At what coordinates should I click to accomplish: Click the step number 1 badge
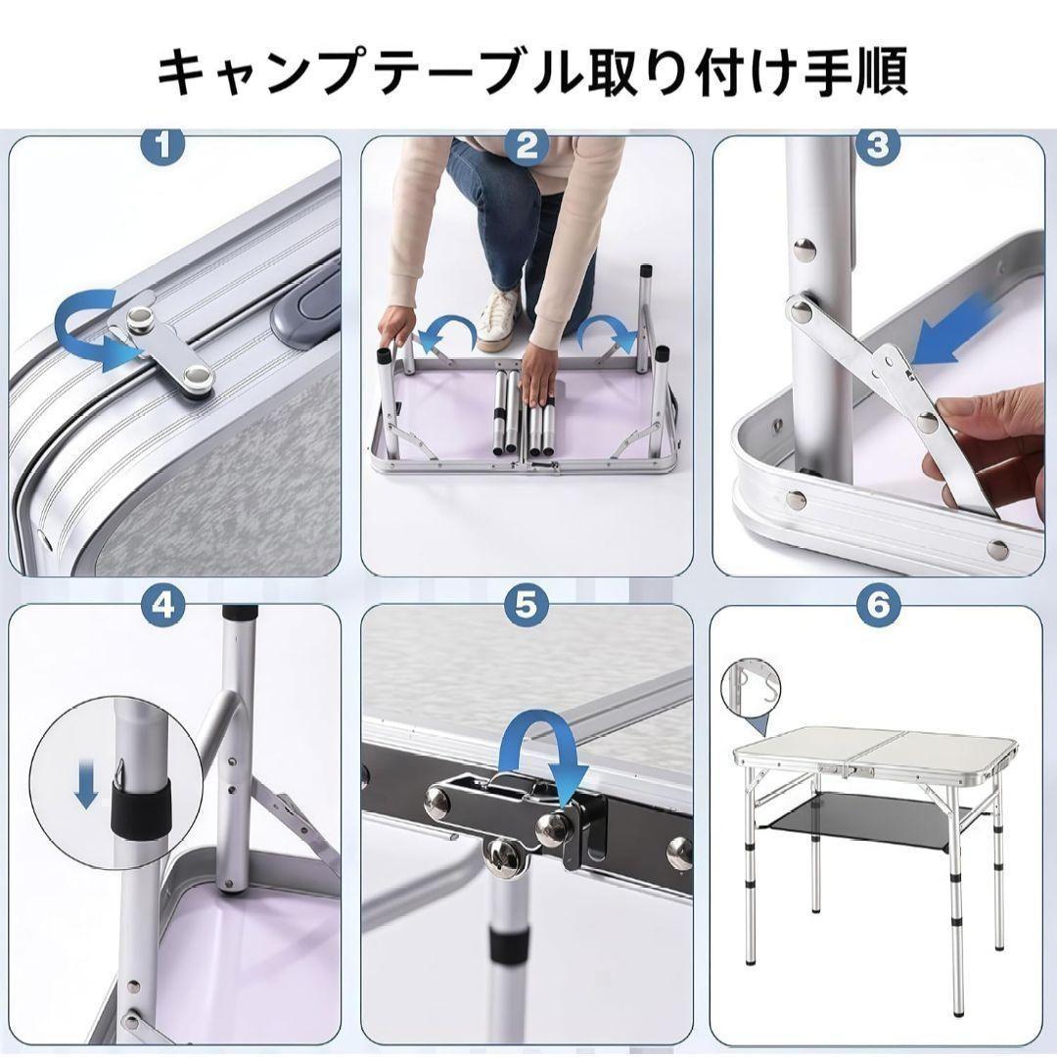click(x=163, y=145)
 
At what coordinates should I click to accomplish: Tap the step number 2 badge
click(x=526, y=145)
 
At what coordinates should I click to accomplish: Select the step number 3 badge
click(x=877, y=145)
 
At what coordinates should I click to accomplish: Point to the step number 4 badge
click(x=163, y=607)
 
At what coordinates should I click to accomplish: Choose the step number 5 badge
click(x=526, y=607)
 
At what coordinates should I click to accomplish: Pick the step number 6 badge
click(x=877, y=607)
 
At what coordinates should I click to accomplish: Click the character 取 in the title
click(x=617, y=70)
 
